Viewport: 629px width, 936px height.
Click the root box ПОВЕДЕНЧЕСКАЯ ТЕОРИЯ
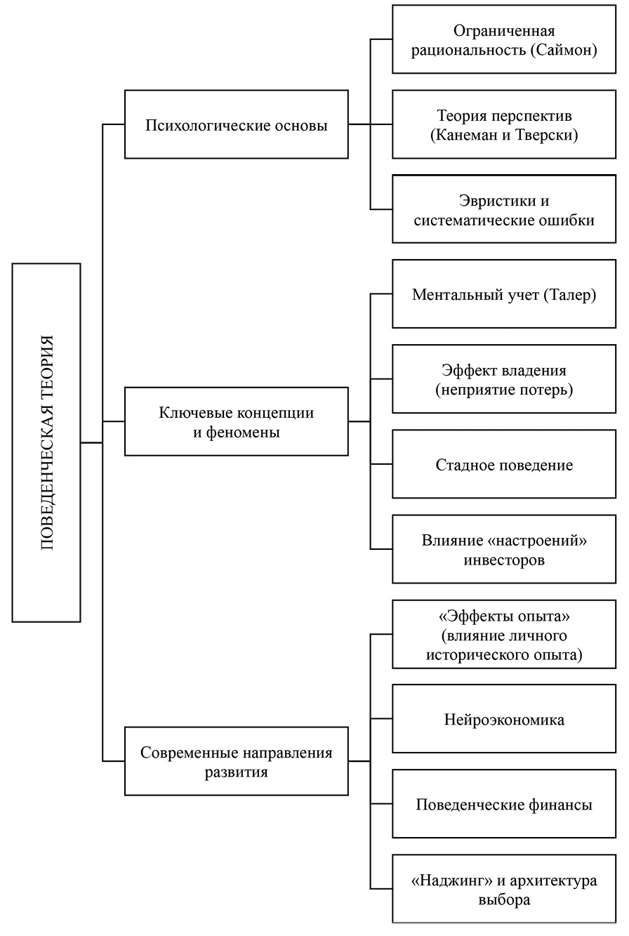(x=46, y=442)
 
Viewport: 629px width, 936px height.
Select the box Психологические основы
(x=236, y=124)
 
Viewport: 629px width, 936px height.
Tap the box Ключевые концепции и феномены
(x=236, y=422)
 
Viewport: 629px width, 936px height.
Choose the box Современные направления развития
(x=236, y=761)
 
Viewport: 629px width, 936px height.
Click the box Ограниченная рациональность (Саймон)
(x=504, y=39)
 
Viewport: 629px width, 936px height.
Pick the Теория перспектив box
(x=504, y=124)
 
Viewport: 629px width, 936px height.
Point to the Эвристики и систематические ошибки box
(x=504, y=209)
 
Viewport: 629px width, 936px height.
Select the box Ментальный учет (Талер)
(x=504, y=294)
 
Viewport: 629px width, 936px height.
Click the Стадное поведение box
(x=504, y=464)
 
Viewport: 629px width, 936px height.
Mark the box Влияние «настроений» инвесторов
(x=504, y=549)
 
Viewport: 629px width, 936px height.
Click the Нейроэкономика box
(x=504, y=719)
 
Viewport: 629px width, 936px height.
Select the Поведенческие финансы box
(x=504, y=804)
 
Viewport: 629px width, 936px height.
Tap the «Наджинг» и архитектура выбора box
(x=504, y=889)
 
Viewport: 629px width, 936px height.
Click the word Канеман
(x=463, y=134)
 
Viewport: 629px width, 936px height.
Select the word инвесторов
(x=504, y=560)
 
